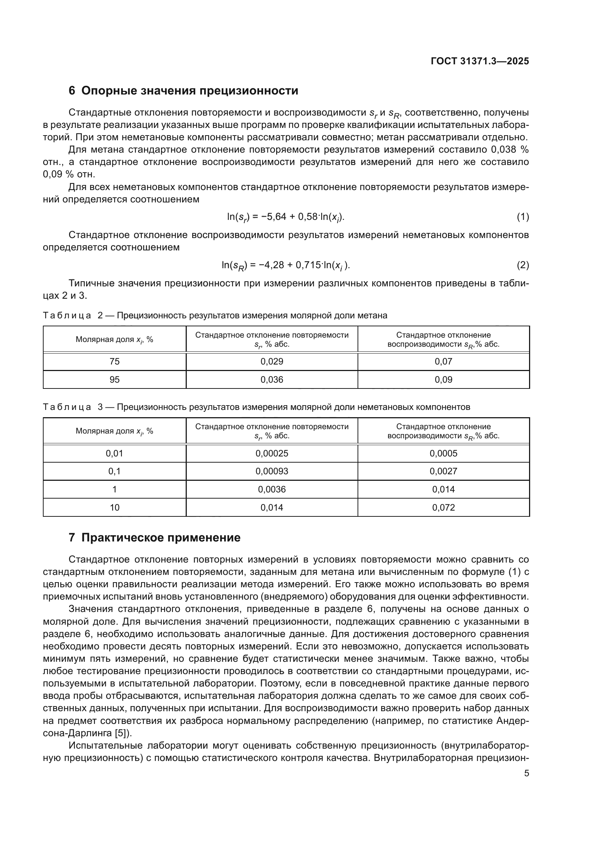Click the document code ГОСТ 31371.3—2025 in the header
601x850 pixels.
pos(480,61)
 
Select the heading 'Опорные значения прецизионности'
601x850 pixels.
pos(189,91)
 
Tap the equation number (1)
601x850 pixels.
pos(523,217)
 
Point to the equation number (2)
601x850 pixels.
pos(523,265)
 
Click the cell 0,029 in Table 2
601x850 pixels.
pos(272,361)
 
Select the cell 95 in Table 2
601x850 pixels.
pos(114,379)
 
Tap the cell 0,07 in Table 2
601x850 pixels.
pos(443,361)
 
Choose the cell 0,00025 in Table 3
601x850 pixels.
pos(272,453)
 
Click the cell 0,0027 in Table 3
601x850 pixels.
pos(443,471)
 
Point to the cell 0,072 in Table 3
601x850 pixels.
pos(443,507)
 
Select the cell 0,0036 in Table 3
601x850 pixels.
pos(272,490)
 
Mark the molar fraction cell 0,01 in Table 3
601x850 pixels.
pos(114,453)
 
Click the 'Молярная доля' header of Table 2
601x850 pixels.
pos(114,339)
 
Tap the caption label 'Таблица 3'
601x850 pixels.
pos(73,407)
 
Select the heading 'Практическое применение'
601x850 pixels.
pos(161,537)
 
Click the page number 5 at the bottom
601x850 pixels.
pos(526,773)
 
